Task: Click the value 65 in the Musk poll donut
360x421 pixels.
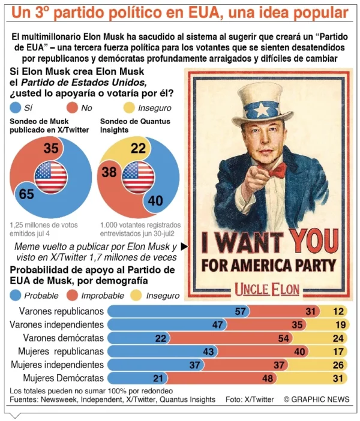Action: point(26,194)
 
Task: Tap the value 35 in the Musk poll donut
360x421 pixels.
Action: point(50,147)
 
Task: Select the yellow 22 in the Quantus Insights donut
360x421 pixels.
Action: point(138,148)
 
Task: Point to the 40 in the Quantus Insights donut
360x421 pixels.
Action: point(155,200)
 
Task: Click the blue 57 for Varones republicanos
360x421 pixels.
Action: point(241,311)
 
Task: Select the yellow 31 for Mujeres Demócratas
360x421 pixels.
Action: point(339,378)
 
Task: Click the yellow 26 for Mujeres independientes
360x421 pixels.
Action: point(339,365)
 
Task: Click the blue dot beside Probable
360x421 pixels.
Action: point(16,296)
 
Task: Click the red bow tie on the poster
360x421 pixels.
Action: point(277,172)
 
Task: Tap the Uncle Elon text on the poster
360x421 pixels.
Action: point(266,288)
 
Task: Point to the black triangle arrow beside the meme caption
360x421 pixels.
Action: point(184,246)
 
